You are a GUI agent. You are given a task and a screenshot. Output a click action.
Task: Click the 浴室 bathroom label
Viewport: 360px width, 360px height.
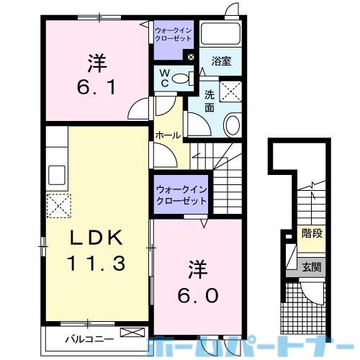221,63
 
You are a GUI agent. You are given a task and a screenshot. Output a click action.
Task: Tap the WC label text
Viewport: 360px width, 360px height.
163,77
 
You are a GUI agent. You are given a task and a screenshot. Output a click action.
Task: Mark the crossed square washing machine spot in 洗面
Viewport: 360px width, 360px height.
231,92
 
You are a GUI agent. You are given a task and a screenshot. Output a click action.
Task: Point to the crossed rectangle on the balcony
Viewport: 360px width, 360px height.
132,333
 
